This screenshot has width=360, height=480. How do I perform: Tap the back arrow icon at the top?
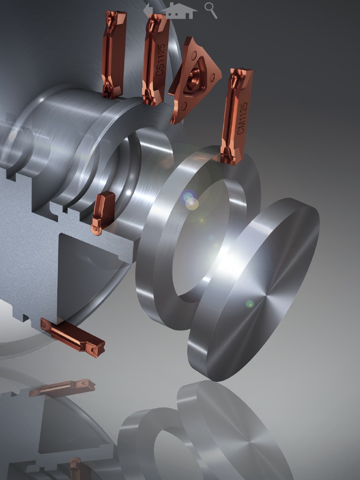[x=148, y=9]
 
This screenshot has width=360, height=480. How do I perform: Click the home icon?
[x=179, y=10]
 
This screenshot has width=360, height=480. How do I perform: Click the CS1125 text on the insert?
[x=160, y=60]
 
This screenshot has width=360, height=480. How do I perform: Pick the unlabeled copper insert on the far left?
[x=113, y=54]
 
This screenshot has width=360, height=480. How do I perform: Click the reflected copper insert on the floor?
[x=62, y=388]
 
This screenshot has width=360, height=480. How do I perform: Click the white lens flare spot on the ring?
[x=192, y=203]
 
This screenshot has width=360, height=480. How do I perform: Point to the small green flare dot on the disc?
[x=250, y=304]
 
